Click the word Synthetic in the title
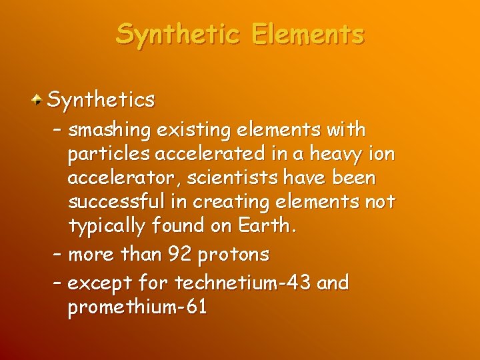[179, 33]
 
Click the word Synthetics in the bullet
[102, 100]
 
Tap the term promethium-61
[137, 307]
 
